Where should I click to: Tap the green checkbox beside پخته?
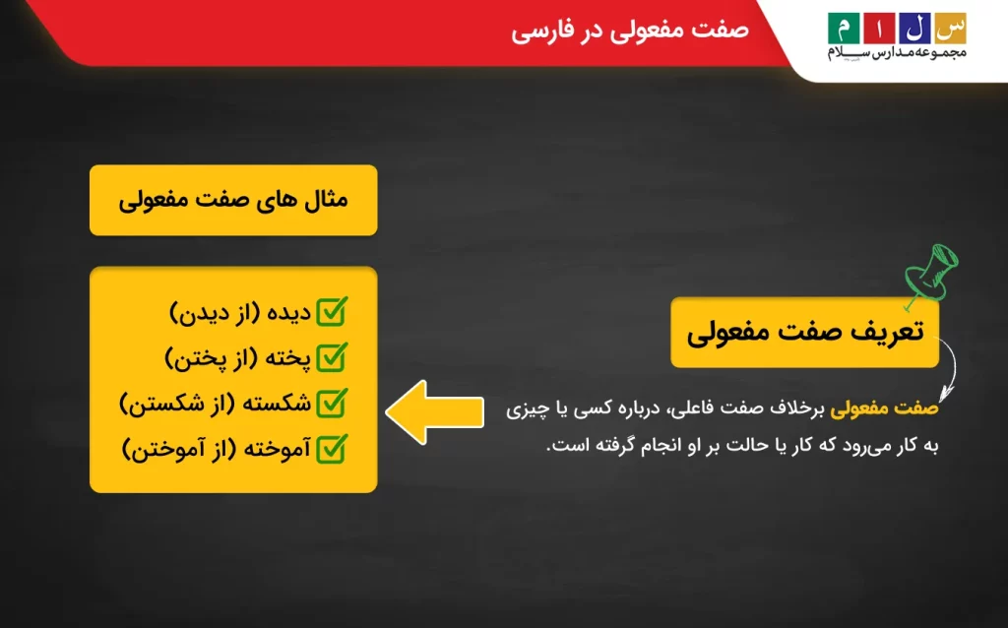click(334, 356)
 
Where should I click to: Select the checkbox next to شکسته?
click(334, 403)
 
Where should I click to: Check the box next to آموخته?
click(334, 449)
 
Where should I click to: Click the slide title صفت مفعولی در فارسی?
click(630, 30)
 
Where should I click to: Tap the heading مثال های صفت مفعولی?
click(233, 200)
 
